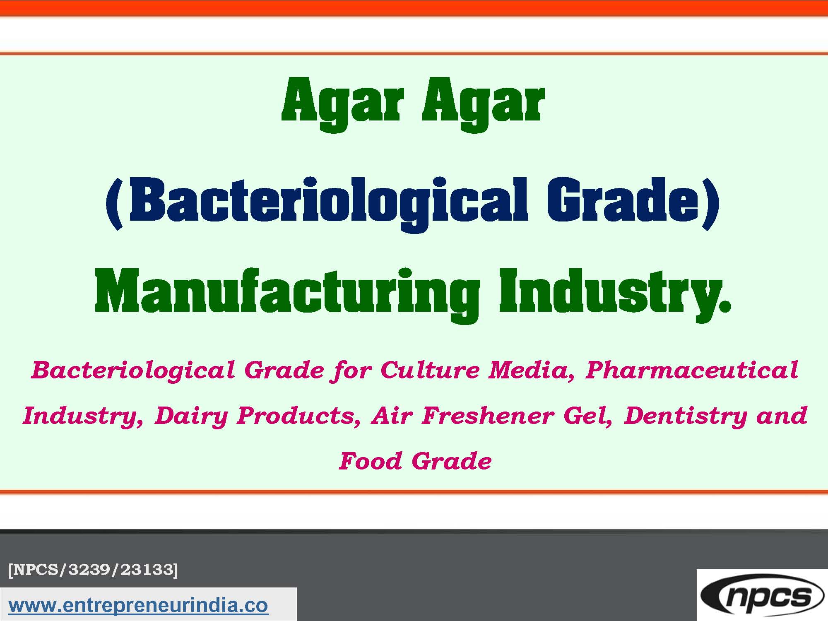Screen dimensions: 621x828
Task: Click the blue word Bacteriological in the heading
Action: click(x=329, y=202)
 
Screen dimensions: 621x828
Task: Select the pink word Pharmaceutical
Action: click(x=692, y=370)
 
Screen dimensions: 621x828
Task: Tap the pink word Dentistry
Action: click(x=685, y=416)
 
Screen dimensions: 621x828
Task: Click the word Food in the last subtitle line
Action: click(x=371, y=461)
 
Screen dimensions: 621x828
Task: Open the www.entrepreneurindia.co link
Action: click(x=138, y=605)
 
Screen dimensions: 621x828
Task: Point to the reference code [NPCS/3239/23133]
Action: click(x=93, y=570)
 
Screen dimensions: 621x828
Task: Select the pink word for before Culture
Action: click(x=352, y=370)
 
